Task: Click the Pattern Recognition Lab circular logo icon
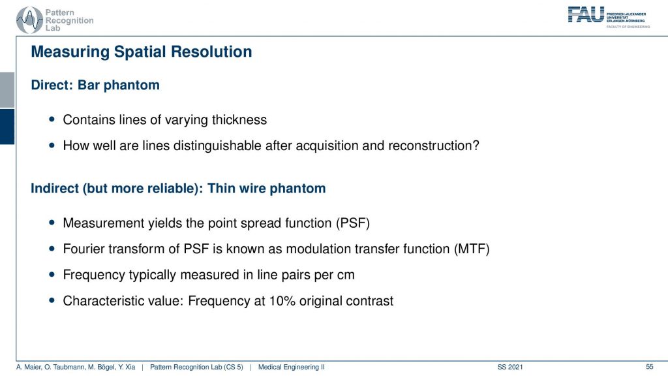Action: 29,20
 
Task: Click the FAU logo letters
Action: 586,14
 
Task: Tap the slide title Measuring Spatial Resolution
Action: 142,52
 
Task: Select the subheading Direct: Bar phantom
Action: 95,85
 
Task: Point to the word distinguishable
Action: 217,146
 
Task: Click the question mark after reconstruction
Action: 476,146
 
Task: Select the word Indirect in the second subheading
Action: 55,189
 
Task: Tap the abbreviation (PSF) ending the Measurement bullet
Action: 353,223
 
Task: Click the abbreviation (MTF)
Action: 472,249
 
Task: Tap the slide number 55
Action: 649,367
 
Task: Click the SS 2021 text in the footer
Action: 510,367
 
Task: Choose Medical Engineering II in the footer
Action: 292,367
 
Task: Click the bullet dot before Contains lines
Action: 52,120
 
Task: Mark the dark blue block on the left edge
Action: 7,127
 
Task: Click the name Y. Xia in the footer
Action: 127,367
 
